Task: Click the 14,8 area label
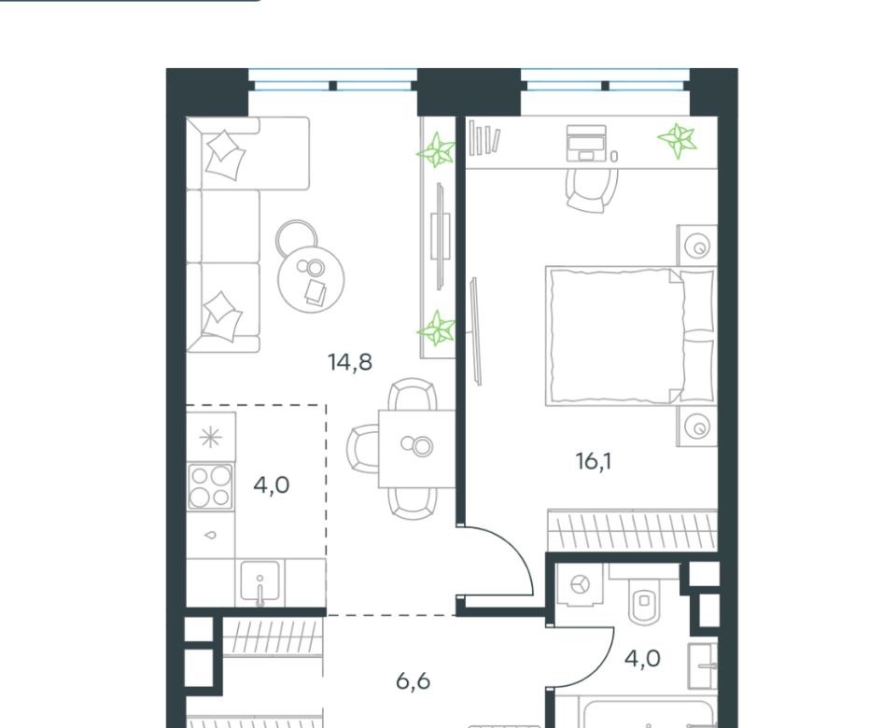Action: (350, 362)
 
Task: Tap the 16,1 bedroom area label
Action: (594, 462)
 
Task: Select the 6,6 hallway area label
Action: (413, 681)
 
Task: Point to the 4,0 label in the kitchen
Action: (271, 484)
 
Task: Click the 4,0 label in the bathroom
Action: (642, 658)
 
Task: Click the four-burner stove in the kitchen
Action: (211, 486)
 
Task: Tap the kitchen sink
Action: (259, 581)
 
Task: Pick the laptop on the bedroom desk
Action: (586, 143)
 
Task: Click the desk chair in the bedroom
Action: (591, 189)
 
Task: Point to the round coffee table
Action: (312, 278)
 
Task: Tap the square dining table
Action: (416, 449)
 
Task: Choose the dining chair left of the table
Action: (362, 449)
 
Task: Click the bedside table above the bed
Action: (697, 245)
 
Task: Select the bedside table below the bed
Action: (697, 427)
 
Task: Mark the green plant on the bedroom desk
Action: (678, 139)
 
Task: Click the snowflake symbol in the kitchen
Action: (211, 437)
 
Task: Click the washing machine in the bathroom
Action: (580, 584)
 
